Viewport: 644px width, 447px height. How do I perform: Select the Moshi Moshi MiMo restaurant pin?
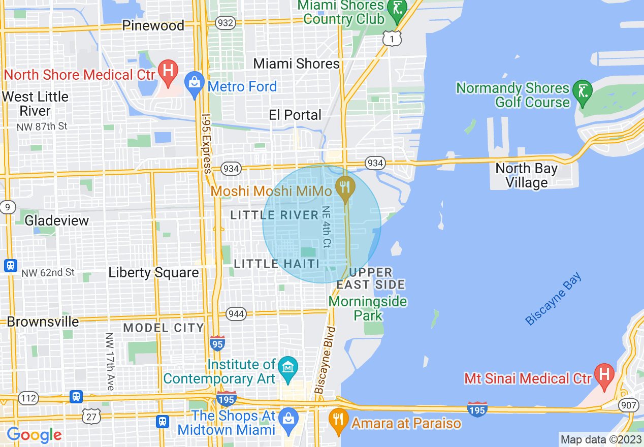point(345,188)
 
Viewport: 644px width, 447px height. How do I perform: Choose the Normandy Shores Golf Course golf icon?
point(582,92)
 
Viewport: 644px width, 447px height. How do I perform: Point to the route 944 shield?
point(236,313)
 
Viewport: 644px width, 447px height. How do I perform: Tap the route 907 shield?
point(628,405)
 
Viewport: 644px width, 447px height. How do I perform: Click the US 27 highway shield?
point(91,416)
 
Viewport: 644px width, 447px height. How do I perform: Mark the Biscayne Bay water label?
point(553,299)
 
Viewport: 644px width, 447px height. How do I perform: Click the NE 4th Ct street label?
point(326,228)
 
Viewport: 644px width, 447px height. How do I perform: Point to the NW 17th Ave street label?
point(109,362)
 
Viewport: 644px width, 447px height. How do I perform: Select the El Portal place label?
point(295,115)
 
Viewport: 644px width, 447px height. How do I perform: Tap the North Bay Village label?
point(526,175)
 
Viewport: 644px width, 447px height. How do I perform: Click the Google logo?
point(34,435)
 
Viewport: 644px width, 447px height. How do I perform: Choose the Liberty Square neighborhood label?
point(153,273)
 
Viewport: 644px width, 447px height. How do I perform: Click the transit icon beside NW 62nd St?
point(10,266)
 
